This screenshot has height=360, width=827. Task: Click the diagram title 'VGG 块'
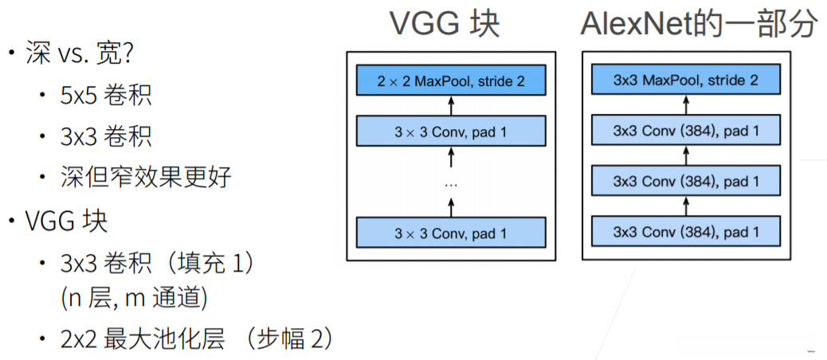[444, 24]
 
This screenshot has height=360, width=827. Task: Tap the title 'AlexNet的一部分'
[699, 24]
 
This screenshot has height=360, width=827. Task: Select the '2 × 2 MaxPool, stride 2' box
[451, 80]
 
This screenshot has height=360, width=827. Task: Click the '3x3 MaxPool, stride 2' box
[686, 80]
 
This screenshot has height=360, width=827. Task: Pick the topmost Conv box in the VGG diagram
[451, 130]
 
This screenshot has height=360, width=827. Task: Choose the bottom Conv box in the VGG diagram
[451, 233]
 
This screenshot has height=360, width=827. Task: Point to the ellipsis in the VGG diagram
[451, 182]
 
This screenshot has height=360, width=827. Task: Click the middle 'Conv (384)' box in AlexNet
[686, 182]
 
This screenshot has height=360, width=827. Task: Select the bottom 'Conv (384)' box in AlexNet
[686, 233]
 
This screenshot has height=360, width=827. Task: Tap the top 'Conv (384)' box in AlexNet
[686, 130]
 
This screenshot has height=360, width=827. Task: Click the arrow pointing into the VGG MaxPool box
[451, 105]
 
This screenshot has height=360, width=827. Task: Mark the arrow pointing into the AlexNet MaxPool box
[686, 105]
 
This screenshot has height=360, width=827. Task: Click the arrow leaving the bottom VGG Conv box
[451, 207]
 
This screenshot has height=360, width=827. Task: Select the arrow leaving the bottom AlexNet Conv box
[686, 207]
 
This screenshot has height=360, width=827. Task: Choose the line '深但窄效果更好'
[146, 176]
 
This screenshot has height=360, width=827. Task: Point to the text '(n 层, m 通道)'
[134, 299]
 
